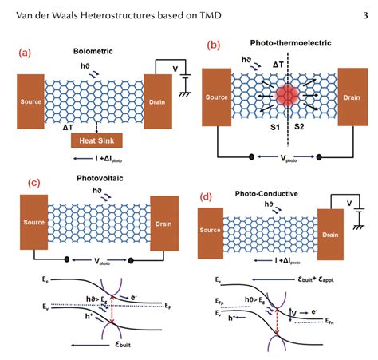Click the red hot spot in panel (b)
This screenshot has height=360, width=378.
click(x=287, y=97)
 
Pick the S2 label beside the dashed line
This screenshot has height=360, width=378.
click(x=300, y=126)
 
